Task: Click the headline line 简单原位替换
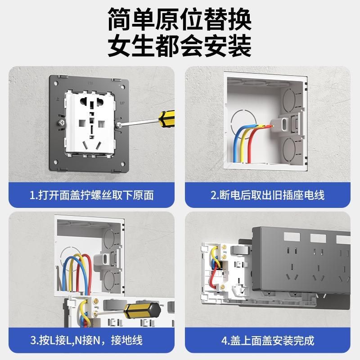[x=180, y=18]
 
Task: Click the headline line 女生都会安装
[x=180, y=45]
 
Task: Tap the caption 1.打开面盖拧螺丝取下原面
[x=92, y=195]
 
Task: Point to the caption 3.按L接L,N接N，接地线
[x=92, y=340]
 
